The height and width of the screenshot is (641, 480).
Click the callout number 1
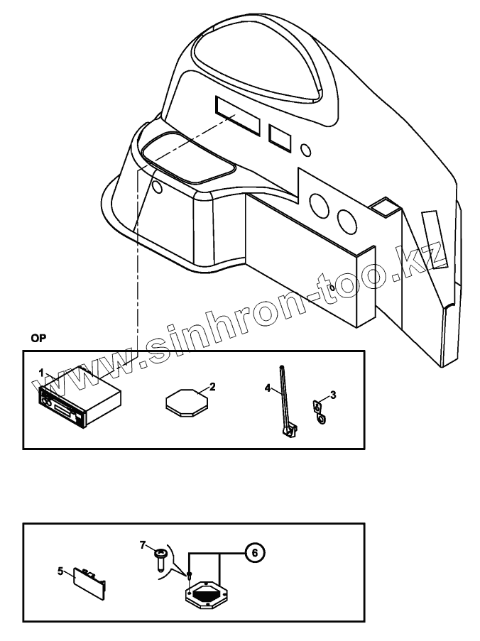[42, 372]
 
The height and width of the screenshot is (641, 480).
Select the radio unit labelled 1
[78, 402]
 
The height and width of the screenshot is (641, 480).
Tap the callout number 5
[60, 570]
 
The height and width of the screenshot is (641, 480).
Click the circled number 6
[254, 551]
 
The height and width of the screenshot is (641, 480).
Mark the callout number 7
[143, 544]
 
